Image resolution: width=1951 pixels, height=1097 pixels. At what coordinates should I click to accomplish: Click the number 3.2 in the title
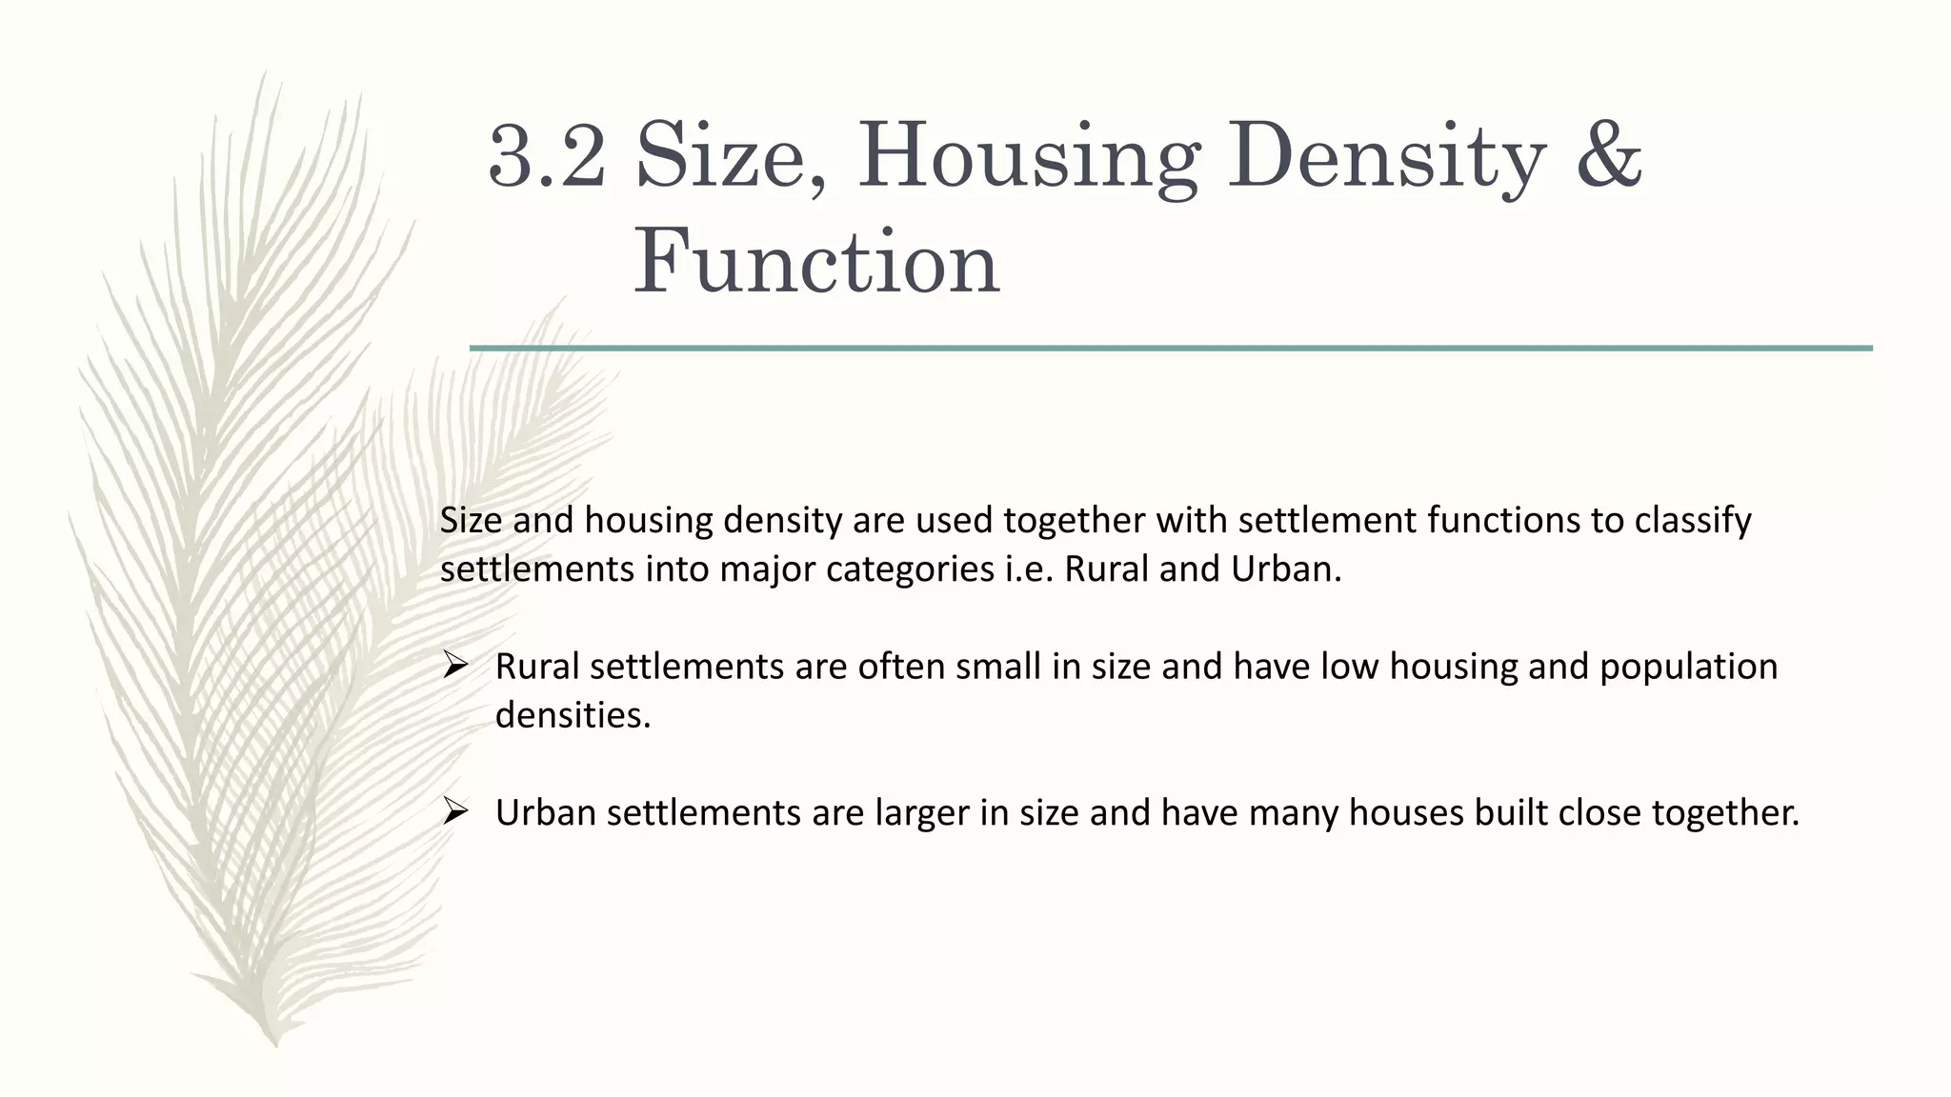pyautogui.click(x=546, y=155)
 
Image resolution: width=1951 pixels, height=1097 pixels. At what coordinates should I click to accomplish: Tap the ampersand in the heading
pyautogui.click(x=1608, y=155)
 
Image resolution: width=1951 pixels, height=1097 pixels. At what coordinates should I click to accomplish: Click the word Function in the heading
pyautogui.click(x=816, y=262)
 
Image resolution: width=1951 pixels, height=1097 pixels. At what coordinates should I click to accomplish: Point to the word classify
pyautogui.click(x=1693, y=521)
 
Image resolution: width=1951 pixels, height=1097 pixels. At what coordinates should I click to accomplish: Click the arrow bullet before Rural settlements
pyautogui.click(x=454, y=666)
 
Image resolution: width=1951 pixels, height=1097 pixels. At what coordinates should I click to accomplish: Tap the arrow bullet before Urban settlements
pyautogui.click(x=454, y=811)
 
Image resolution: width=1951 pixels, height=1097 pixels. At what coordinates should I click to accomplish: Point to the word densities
pyautogui.click(x=573, y=715)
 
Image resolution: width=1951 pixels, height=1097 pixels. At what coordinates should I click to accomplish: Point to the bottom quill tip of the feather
pyautogui.click(x=275, y=1044)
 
